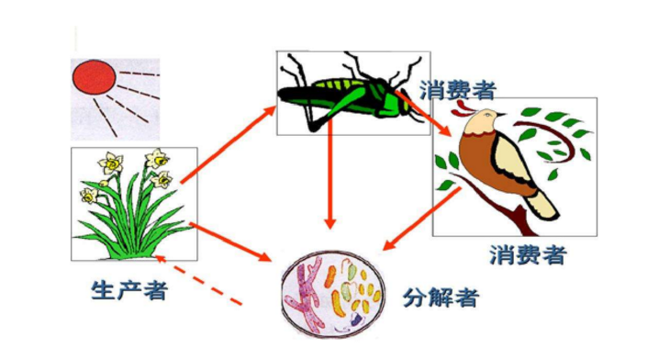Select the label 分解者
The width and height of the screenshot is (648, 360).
(441, 296)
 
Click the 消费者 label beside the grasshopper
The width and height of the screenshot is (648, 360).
(458, 90)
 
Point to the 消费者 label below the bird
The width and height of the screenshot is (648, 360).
(528, 254)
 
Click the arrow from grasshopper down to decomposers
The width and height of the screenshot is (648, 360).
(331, 185)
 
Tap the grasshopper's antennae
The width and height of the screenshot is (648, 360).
(303, 62)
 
